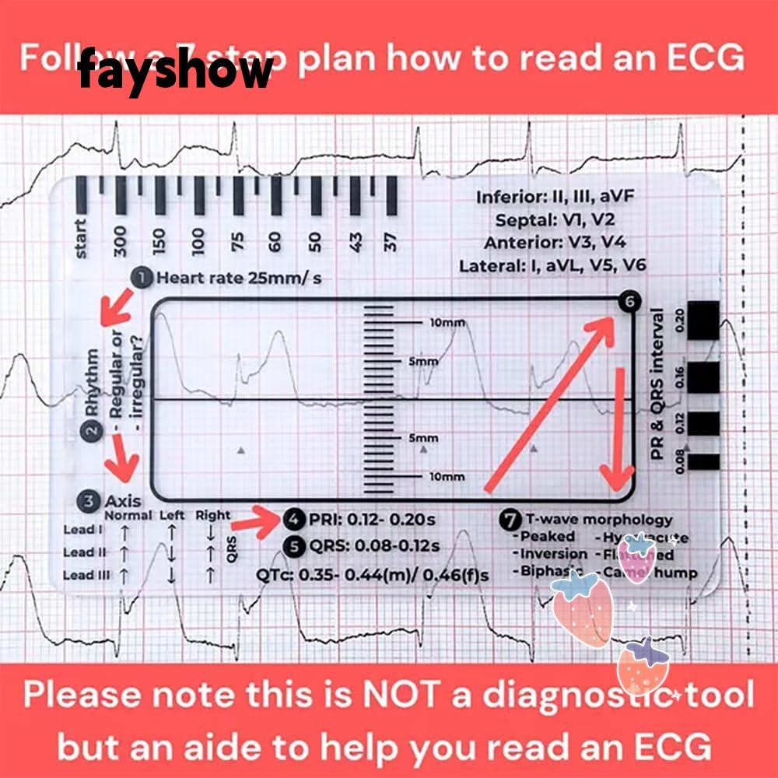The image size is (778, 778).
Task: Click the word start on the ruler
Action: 81,238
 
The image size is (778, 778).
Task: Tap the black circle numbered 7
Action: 510,520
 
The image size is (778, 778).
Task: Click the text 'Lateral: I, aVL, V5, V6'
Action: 552,266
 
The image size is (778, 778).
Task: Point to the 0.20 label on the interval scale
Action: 678,320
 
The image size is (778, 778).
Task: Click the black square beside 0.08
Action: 705,461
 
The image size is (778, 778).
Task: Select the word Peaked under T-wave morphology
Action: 547,537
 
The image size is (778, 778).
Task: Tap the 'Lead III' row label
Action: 85,576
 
